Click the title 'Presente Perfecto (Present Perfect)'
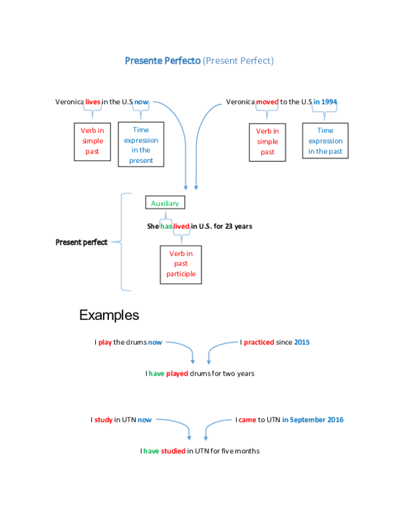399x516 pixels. tap(199, 61)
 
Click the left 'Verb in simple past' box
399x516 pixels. tap(92, 141)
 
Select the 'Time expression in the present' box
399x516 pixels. tap(141, 145)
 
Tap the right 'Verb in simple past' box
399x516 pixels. tap(267, 142)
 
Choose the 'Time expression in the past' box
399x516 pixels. tap(325, 141)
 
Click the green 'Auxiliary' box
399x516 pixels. tap(165, 203)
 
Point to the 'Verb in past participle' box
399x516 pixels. tap(181, 264)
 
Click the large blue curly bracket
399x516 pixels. tap(122, 242)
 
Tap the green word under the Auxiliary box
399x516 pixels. tap(166, 226)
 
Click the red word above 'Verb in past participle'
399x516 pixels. tap(182, 226)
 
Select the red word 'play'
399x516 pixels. tap(105, 343)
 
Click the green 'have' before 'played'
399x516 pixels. tap(156, 374)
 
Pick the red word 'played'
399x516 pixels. tap(177, 374)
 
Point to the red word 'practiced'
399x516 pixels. tap(258, 343)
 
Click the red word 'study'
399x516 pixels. tap(104, 420)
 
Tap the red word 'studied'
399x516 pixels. tap(174, 451)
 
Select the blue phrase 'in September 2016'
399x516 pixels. tap(312, 420)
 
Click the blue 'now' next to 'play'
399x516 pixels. tap(155, 343)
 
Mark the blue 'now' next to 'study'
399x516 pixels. tap(144, 420)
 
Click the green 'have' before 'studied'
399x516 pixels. tap(152, 451)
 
